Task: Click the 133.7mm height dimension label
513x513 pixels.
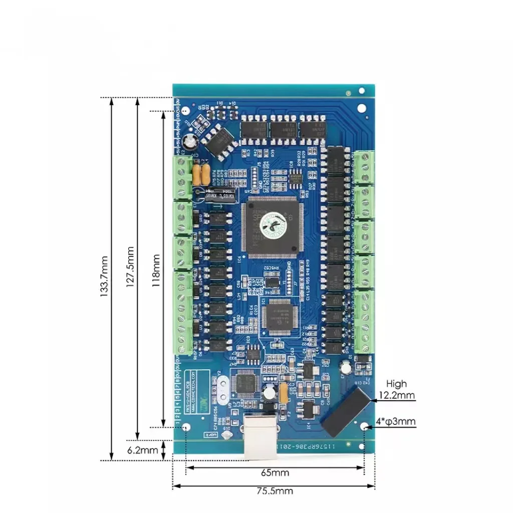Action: [104, 278]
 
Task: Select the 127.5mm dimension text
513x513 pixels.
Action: [130, 268]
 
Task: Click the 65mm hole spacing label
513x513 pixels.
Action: [275, 472]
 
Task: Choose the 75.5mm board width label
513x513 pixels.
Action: [275, 491]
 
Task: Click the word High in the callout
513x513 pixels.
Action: [396, 384]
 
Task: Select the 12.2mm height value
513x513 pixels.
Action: [396, 395]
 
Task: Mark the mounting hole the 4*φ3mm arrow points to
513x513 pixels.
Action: [364, 426]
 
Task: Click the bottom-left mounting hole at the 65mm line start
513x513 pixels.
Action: [186, 428]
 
